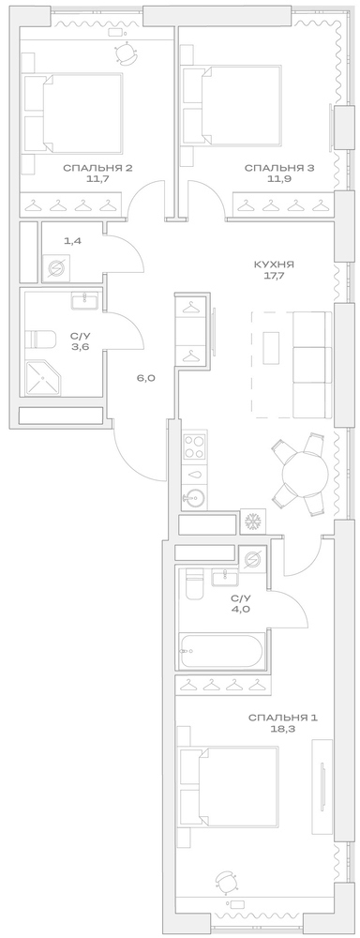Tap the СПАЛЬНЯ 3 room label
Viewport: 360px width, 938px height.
(266, 168)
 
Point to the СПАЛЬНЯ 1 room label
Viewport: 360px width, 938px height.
(283, 719)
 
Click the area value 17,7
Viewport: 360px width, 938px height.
(274, 277)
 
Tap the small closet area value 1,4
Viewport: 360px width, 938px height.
(72, 241)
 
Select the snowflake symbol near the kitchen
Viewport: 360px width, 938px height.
(251, 522)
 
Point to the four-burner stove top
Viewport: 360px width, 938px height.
(195, 445)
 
